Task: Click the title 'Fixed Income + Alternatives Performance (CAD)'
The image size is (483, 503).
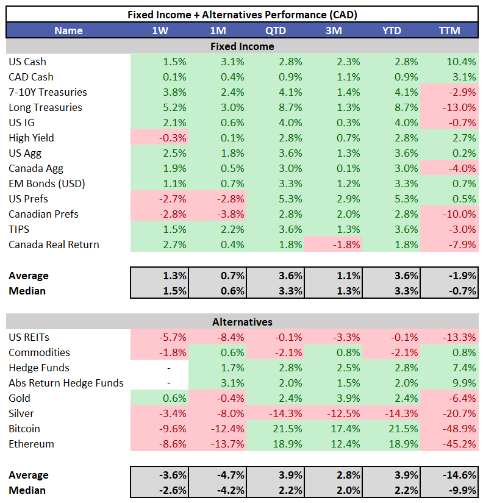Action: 242,15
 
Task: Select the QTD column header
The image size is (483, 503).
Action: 275,30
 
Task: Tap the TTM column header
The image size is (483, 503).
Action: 449,30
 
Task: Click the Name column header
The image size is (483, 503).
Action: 68,30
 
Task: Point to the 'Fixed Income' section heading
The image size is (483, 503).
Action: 242,46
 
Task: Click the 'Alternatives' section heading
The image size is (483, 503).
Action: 242,322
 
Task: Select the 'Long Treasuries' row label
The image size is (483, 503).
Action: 45,107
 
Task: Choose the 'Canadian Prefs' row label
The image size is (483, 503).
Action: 43,214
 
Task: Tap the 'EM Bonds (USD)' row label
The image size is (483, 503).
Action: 46,184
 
